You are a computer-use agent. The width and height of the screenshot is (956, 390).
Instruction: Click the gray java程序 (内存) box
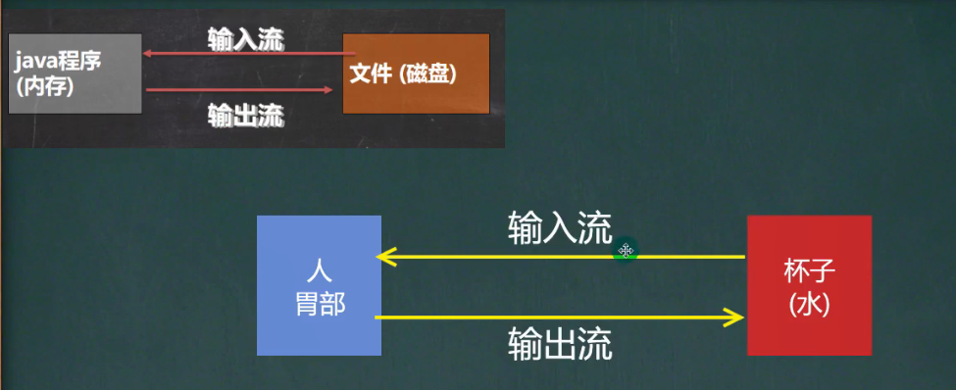tap(75, 73)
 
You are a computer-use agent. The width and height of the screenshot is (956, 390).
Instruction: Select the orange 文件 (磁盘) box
tap(416, 73)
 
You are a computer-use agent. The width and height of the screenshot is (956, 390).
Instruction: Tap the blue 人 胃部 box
tap(319, 285)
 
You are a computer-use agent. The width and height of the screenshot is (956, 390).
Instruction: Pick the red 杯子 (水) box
tap(809, 285)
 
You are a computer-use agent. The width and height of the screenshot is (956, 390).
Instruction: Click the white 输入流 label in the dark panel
tap(245, 39)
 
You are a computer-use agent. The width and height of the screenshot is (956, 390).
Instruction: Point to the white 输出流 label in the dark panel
tap(245, 116)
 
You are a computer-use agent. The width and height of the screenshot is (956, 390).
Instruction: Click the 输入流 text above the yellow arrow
tap(560, 228)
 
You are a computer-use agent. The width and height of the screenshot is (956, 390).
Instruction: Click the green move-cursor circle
tap(625, 252)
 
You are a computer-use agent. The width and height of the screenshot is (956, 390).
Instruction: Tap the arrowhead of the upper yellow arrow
tap(383, 258)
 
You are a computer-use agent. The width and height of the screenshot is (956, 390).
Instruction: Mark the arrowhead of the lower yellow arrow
tap(734, 317)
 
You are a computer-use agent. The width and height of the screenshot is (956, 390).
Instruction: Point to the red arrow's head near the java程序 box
tap(148, 55)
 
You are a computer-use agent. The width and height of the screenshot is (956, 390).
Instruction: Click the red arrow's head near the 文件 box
tap(328, 90)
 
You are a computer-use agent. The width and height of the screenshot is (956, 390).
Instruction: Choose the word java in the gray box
tap(35, 62)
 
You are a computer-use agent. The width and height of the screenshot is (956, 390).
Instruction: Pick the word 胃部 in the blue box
tap(320, 303)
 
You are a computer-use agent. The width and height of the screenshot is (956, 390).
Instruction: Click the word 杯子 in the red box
tap(809, 271)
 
